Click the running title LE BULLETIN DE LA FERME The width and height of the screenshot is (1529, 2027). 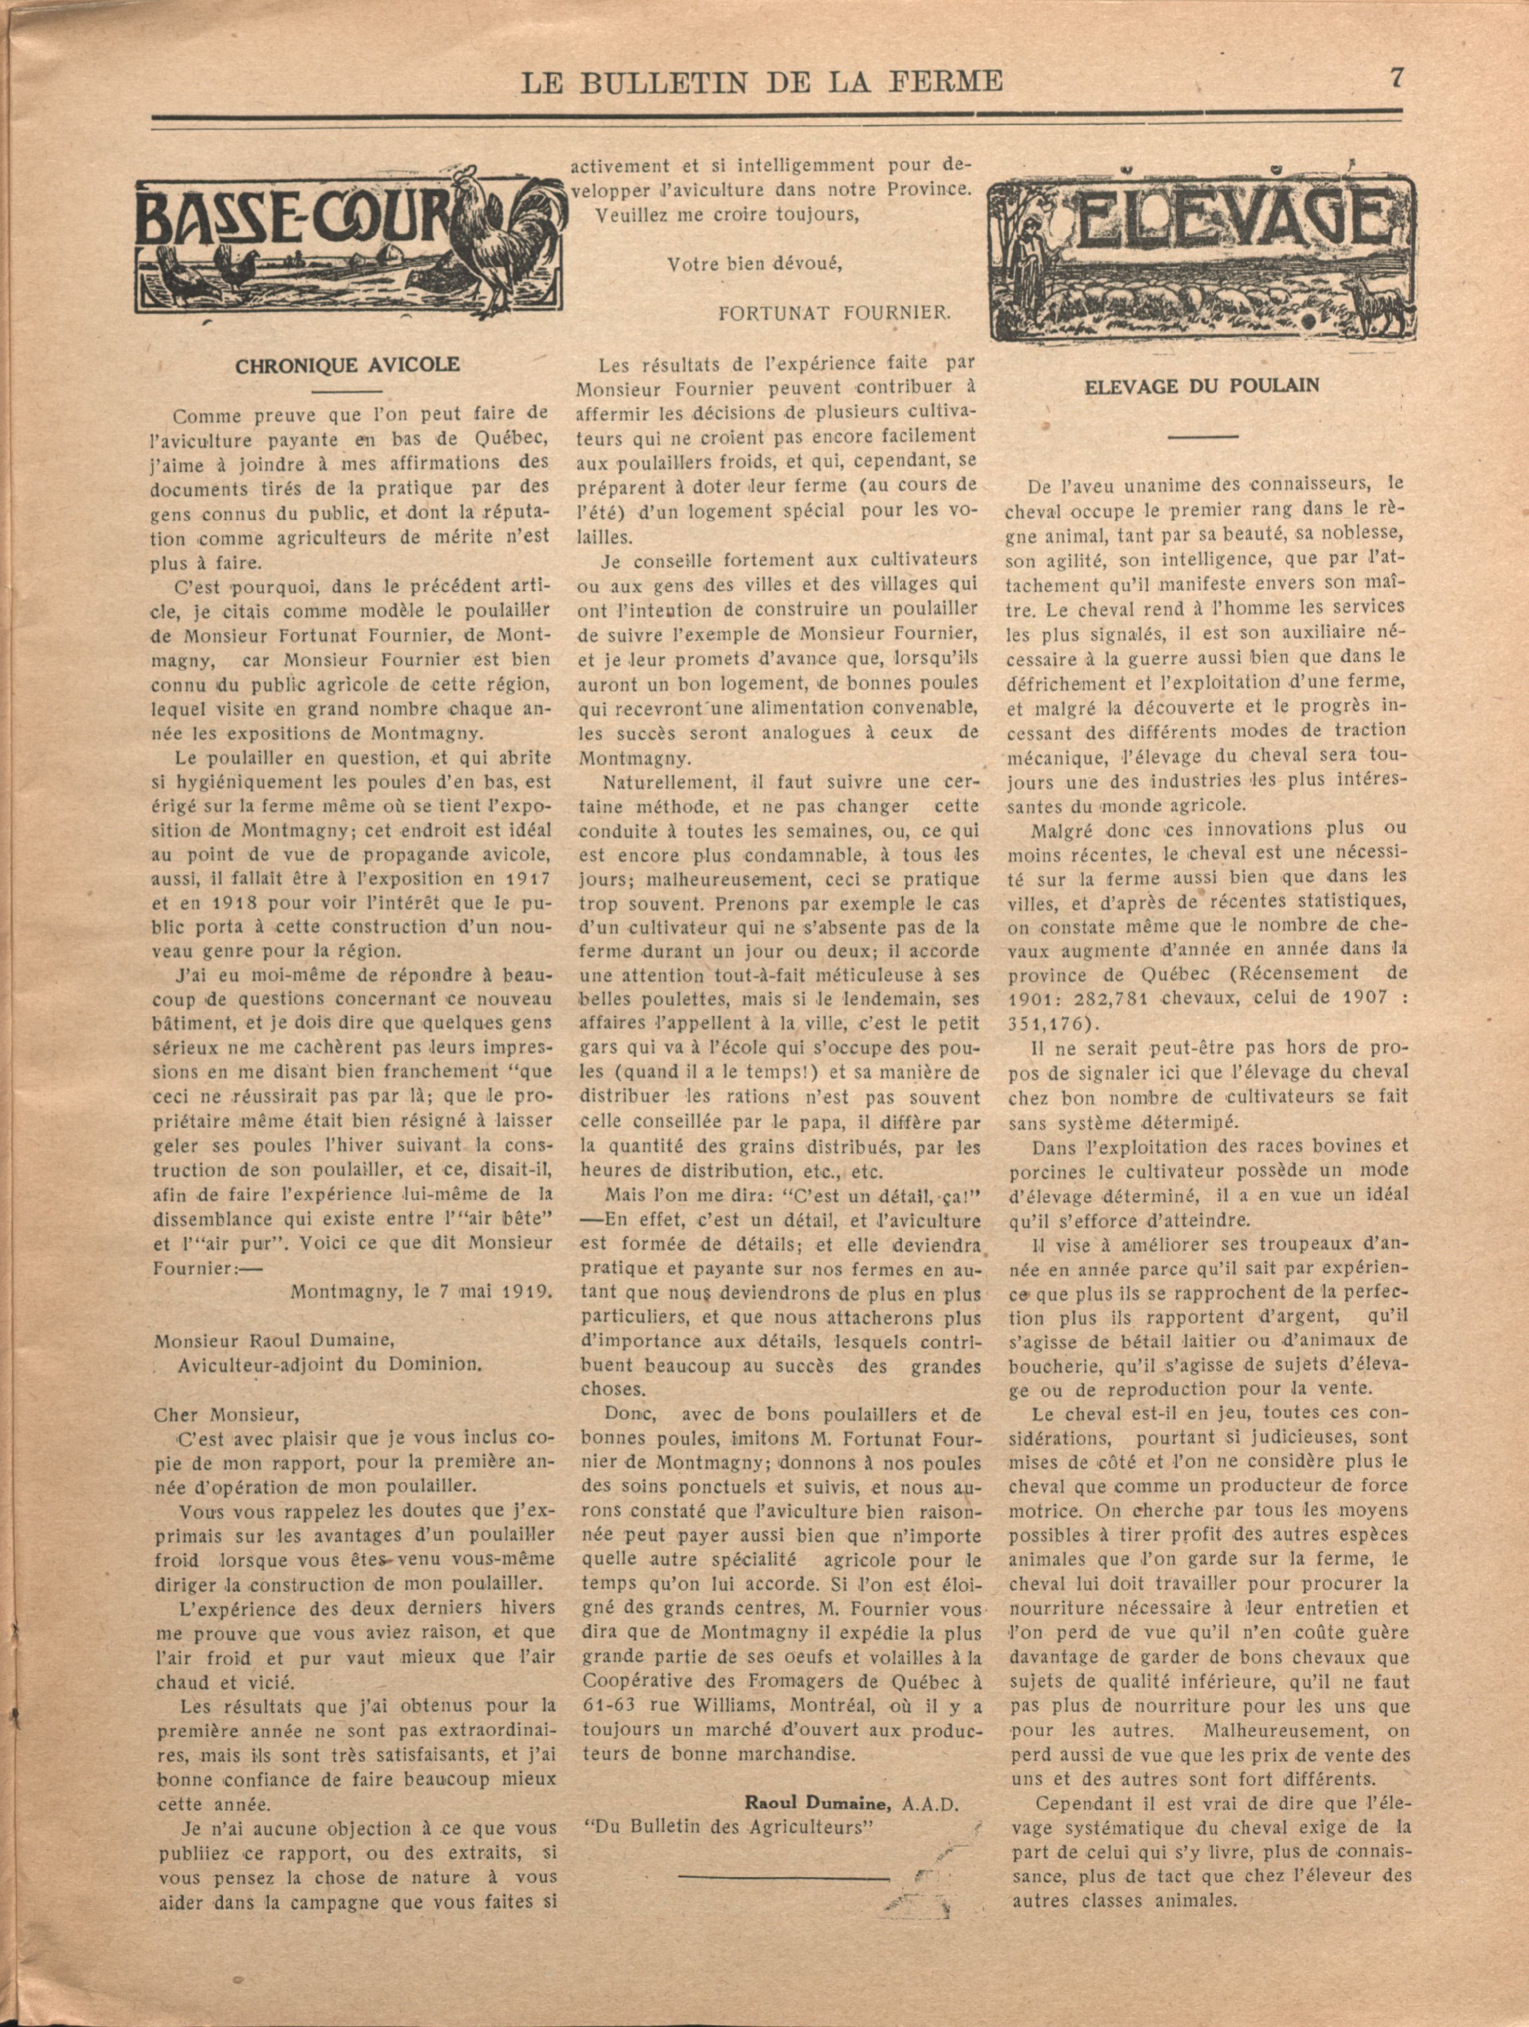[762, 83]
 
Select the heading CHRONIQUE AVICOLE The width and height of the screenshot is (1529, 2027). [348, 366]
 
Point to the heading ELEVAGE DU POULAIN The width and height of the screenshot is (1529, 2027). [1202, 385]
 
